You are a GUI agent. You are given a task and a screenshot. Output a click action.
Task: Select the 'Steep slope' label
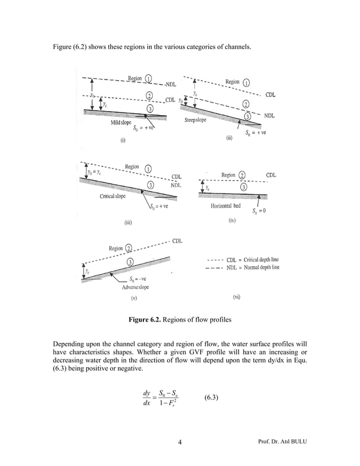[x=196, y=120]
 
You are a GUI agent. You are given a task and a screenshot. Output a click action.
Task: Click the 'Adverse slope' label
[x=135, y=287]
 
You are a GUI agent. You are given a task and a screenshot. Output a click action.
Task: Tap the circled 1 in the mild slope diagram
[x=148, y=79]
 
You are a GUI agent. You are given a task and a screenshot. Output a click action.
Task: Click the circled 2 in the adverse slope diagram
[x=129, y=248]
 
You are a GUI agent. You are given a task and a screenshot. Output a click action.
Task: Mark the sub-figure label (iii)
[x=128, y=223]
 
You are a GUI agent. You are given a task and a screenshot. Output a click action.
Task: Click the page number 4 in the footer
[x=179, y=449]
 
